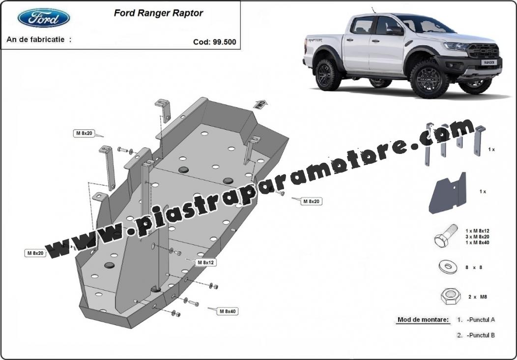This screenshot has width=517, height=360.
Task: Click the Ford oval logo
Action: pyautogui.click(x=44, y=18)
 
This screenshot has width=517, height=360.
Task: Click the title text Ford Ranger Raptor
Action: pyautogui.click(x=158, y=13)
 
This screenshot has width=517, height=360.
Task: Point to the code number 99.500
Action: pyautogui.click(x=225, y=42)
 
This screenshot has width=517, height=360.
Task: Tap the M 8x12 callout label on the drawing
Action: pyautogui.click(x=206, y=262)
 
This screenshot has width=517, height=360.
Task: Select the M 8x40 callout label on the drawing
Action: pyautogui.click(x=228, y=311)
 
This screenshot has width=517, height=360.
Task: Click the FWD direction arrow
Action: pyautogui.click(x=260, y=104)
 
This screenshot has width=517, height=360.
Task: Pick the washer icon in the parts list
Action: pyautogui.click(x=448, y=266)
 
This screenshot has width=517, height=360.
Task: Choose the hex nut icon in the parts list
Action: pyautogui.click(x=451, y=297)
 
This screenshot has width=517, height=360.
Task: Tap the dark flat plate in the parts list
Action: pyautogui.click(x=447, y=193)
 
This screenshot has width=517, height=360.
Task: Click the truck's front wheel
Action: pyautogui.click(x=429, y=79)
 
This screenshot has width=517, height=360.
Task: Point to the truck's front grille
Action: pyautogui.click(x=484, y=51)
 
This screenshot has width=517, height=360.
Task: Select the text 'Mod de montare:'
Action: pyautogui.click(x=423, y=319)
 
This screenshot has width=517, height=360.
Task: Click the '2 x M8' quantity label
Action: pyautogui.click(x=477, y=297)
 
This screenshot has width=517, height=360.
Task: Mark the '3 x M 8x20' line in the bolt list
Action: pyautogui.click(x=477, y=237)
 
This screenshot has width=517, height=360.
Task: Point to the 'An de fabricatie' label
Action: pyautogui.click(x=39, y=39)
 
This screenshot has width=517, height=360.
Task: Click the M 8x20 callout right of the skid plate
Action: pyautogui.click(x=311, y=201)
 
